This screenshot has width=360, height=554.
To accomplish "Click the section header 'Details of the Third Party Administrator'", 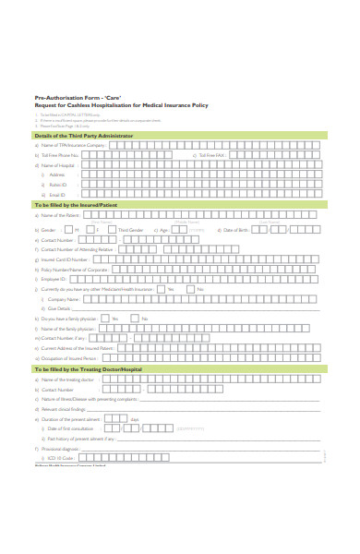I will [x=84, y=136].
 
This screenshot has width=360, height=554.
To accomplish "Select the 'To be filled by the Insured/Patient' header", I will [x=76, y=204].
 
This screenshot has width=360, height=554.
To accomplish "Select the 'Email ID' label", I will [x=56, y=195].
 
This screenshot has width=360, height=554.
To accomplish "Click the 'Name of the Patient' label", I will [x=60, y=214].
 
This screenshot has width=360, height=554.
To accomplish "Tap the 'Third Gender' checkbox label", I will [x=130, y=230].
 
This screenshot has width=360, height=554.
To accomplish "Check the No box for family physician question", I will [x=134, y=319].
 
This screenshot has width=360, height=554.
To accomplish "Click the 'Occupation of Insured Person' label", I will [x=70, y=357].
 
